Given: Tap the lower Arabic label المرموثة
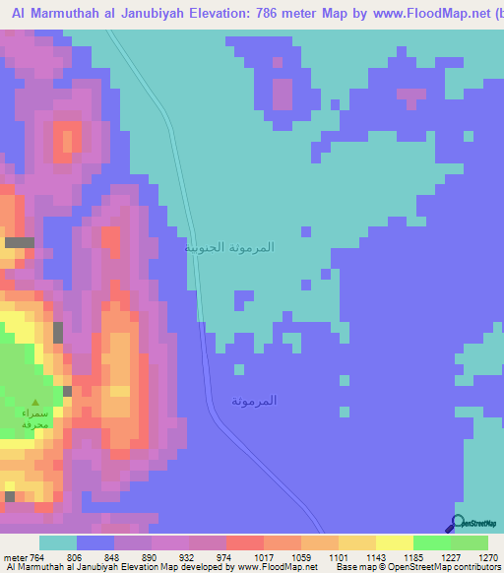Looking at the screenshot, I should [254, 401].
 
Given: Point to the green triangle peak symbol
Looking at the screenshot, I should [36, 403].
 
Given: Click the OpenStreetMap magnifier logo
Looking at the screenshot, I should [458, 523].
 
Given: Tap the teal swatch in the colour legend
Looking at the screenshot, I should [58, 542].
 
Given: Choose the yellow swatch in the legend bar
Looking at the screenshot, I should [395, 542].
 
